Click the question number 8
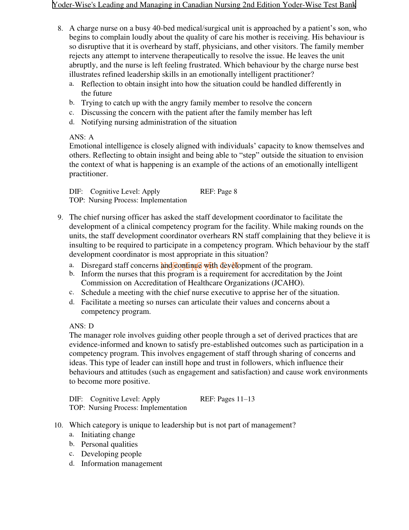(60, 29)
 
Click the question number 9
(60, 218)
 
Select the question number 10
(58, 425)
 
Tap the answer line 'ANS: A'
(81, 137)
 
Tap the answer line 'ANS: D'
(81, 326)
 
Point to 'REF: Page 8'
(219, 192)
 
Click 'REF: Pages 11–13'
(227, 399)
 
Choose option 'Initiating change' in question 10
(108, 435)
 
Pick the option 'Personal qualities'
(109, 444)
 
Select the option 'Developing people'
(111, 454)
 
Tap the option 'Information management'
(122, 464)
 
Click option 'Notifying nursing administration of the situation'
(159, 122)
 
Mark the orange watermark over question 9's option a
(199, 265)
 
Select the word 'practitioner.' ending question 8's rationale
(89, 174)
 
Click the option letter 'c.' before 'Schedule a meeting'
(71, 293)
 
